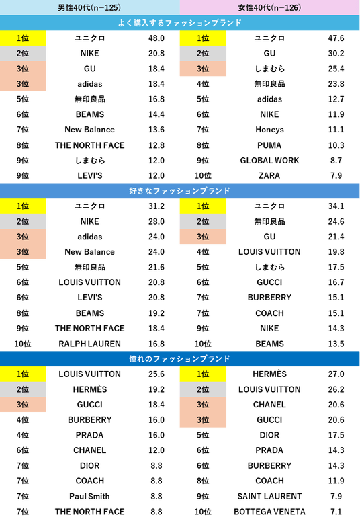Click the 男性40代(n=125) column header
coord(89,7)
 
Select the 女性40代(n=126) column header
coord(269,7)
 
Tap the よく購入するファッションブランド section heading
coord(180,23)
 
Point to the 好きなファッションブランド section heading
coord(180,191)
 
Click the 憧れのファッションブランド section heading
coord(180,359)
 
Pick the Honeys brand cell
coord(269,130)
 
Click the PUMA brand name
coord(269,145)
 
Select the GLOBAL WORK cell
coord(269,161)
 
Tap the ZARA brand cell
coord(269,175)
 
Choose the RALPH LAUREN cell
coord(90,344)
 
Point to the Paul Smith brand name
coord(90,496)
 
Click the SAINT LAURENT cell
coord(269,496)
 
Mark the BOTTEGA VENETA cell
coord(269,512)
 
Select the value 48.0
coord(156,38)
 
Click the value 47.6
coord(336,38)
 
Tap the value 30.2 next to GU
coord(336,54)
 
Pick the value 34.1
coord(336,206)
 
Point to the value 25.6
coord(156,374)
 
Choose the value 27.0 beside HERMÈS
coord(336,374)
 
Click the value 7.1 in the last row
coord(336,512)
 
